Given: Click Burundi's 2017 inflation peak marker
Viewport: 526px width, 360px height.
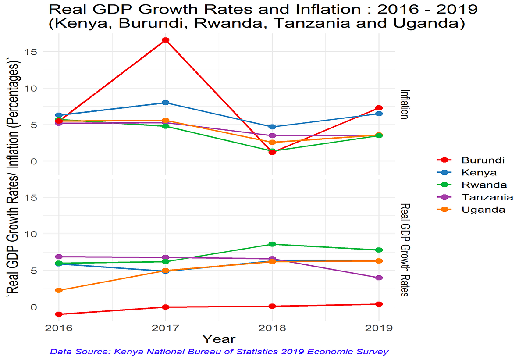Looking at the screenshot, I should click(166, 40).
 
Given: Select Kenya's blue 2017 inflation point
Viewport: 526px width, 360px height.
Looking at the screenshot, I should click(166, 103).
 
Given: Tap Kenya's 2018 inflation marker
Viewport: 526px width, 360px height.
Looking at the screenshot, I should click(272, 127).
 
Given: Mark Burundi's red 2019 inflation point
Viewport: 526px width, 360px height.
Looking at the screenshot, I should click(379, 108).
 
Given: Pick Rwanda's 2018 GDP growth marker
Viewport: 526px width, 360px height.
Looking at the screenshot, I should click(272, 244).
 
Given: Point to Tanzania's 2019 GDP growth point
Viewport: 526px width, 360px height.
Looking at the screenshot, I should click(379, 278).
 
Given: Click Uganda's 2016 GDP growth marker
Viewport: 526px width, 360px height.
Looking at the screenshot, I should click(59, 290).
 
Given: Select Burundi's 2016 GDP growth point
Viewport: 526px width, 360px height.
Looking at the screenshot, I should click(59, 314).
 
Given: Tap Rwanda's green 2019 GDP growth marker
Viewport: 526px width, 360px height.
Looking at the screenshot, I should click(379, 250).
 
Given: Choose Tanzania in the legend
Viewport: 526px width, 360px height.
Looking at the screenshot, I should click(487, 197).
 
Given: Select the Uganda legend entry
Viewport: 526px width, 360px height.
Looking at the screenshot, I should click(483, 210).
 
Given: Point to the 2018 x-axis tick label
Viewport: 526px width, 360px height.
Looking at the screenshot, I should click(272, 328).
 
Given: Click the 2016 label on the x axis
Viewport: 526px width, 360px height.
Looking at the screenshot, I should click(59, 328).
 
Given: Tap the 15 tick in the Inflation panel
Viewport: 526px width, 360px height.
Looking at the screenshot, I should click(36, 52).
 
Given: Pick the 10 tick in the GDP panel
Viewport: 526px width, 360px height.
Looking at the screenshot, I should click(36, 234).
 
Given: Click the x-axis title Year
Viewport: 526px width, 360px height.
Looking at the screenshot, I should click(219, 339).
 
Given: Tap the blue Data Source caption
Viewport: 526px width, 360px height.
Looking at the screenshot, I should click(219, 352).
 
